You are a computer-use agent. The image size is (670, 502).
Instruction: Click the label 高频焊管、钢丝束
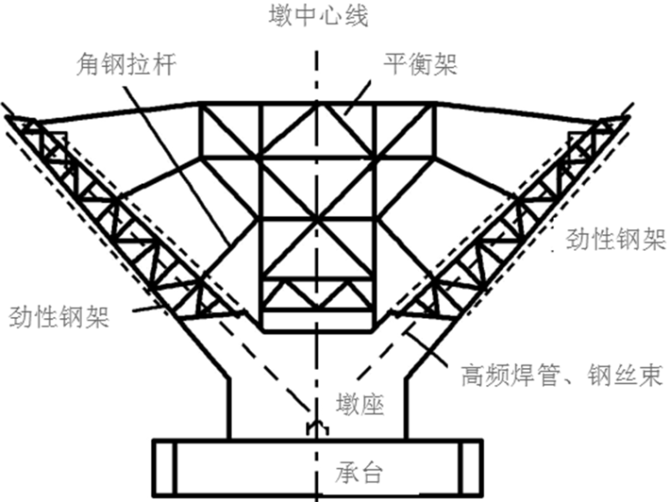tap(561, 376)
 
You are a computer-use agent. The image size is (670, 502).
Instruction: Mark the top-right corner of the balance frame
tap(435, 104)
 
